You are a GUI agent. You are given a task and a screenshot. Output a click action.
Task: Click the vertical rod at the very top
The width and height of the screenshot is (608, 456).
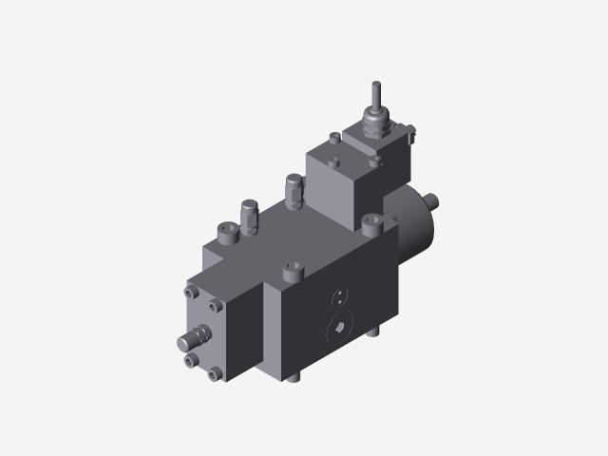[x=375, y=100]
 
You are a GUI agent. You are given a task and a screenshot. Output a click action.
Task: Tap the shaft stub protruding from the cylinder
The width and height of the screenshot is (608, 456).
[x=432, y=200]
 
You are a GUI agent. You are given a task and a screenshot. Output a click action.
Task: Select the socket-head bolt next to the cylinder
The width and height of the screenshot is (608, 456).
[x=371, y=224]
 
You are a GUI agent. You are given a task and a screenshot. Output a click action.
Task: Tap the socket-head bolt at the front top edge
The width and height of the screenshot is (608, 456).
[x=291, y=275]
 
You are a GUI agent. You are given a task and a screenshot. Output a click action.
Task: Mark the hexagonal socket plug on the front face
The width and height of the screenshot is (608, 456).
[x=338, y=329]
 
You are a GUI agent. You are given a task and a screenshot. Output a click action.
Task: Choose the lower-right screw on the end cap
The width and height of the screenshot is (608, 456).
[x=218, y=373]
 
